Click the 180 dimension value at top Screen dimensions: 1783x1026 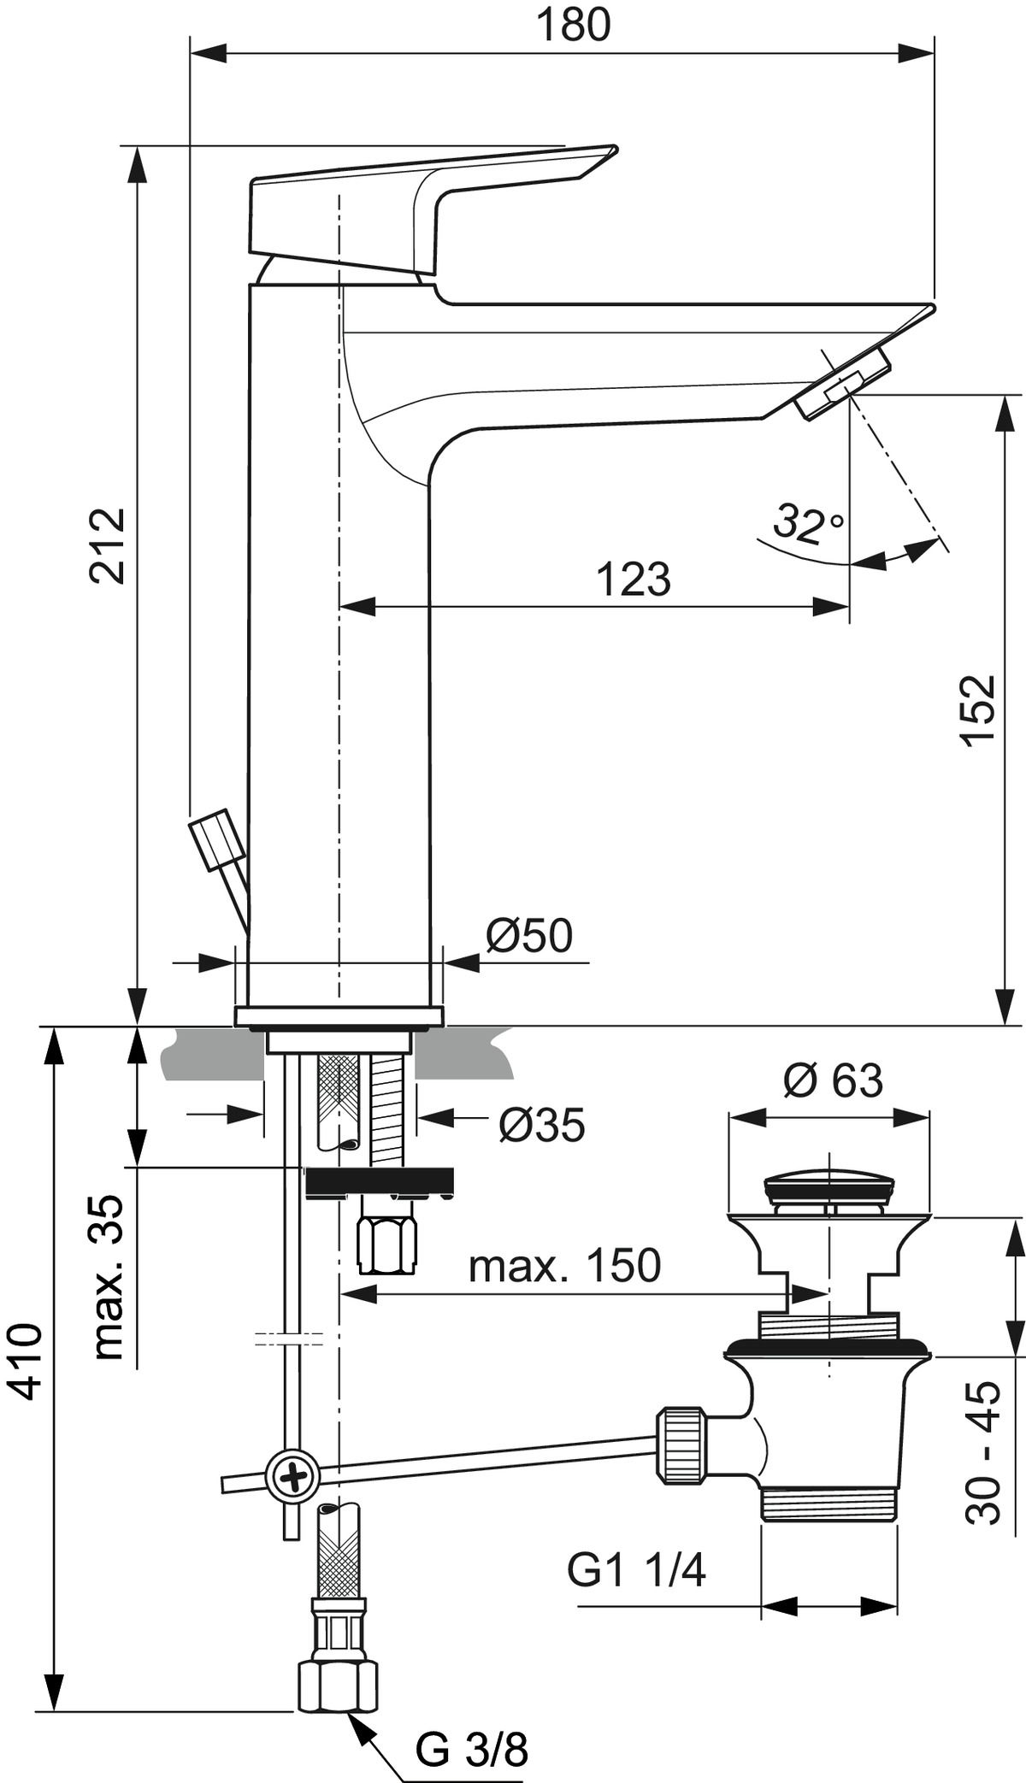[573, 26]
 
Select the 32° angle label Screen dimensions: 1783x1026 [807, 523]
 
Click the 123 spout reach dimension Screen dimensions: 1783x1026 [633, 580]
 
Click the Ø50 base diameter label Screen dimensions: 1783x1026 [528, 936]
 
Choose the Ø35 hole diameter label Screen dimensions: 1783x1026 [541, 1125]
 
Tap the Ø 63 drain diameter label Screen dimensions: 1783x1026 [832, 1080]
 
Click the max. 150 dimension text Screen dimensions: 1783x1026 [564, 1266]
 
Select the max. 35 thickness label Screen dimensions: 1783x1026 [109, 1277]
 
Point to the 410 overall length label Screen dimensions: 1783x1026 [27, 1361]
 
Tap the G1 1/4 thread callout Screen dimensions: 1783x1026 [636, 1570]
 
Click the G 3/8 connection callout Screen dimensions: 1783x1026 [471, 1745]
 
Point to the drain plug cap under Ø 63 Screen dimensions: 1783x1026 [828, 1190]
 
